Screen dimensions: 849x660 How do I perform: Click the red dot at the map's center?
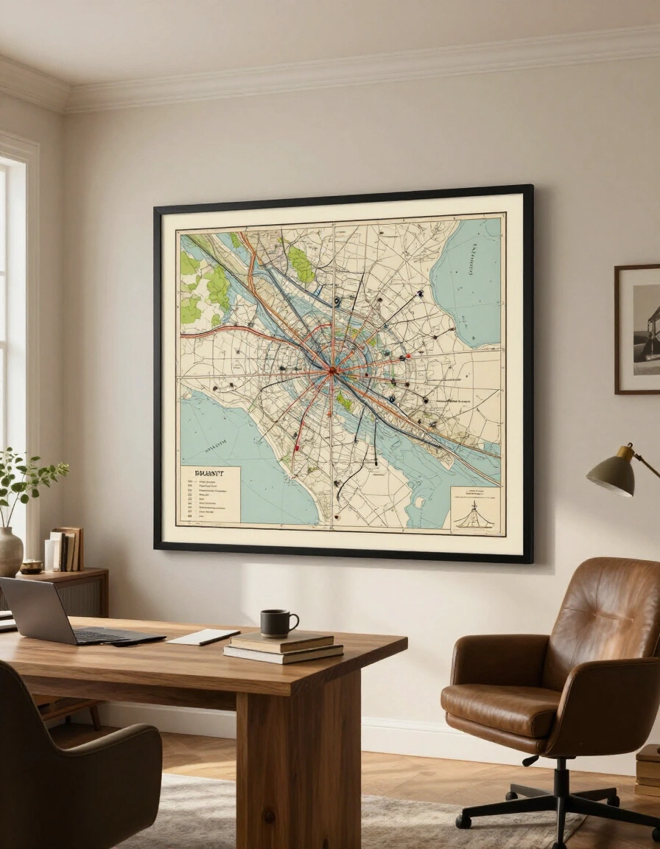pyautogui.click(x=332, y=370)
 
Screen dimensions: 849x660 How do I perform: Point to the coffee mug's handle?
pyautogui.click(x=294, y=623)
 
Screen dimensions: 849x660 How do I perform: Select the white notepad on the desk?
pyautogui.click(x=203, y=637)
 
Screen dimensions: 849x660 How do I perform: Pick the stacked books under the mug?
pyautogui.click(x=284, y=647)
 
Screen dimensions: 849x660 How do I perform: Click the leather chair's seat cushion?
pyautogui.click(x=501, y=707)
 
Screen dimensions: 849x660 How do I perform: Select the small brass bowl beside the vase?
pyautogui.click(x=32, y=566)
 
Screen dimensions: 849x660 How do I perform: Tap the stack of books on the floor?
pyautogui.click(x=649, y=769)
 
